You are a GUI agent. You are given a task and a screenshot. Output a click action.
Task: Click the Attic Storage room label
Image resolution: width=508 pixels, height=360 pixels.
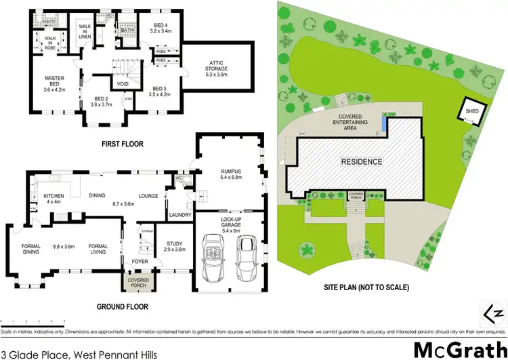coord(218,64)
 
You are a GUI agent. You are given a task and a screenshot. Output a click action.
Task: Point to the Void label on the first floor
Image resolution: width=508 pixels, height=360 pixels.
coord(123,84)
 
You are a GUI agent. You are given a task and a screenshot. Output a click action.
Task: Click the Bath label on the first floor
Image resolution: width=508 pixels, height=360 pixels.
coord(127,31)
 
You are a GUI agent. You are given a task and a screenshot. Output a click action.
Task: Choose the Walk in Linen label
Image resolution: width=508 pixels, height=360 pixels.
coord(85,31)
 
